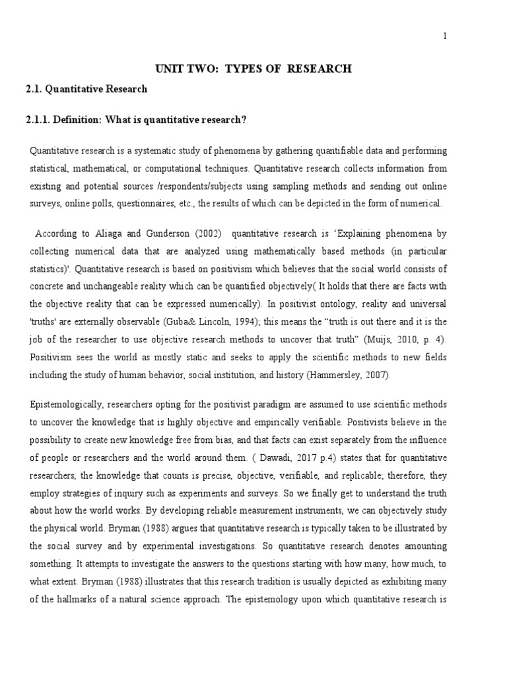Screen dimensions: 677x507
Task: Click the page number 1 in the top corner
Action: point(445,36)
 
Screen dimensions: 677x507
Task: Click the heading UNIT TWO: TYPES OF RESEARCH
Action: point(253,69)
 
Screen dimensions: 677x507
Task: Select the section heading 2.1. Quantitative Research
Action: point(86,89)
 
